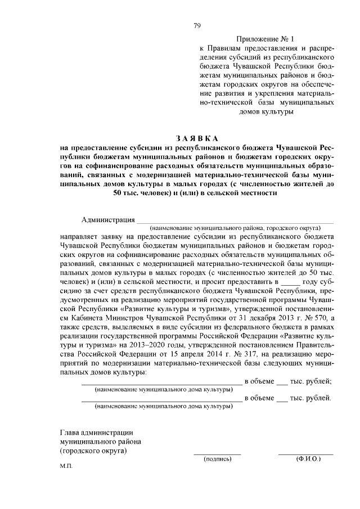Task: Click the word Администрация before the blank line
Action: click(108, 219)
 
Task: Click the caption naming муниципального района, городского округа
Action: click(235, 228)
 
